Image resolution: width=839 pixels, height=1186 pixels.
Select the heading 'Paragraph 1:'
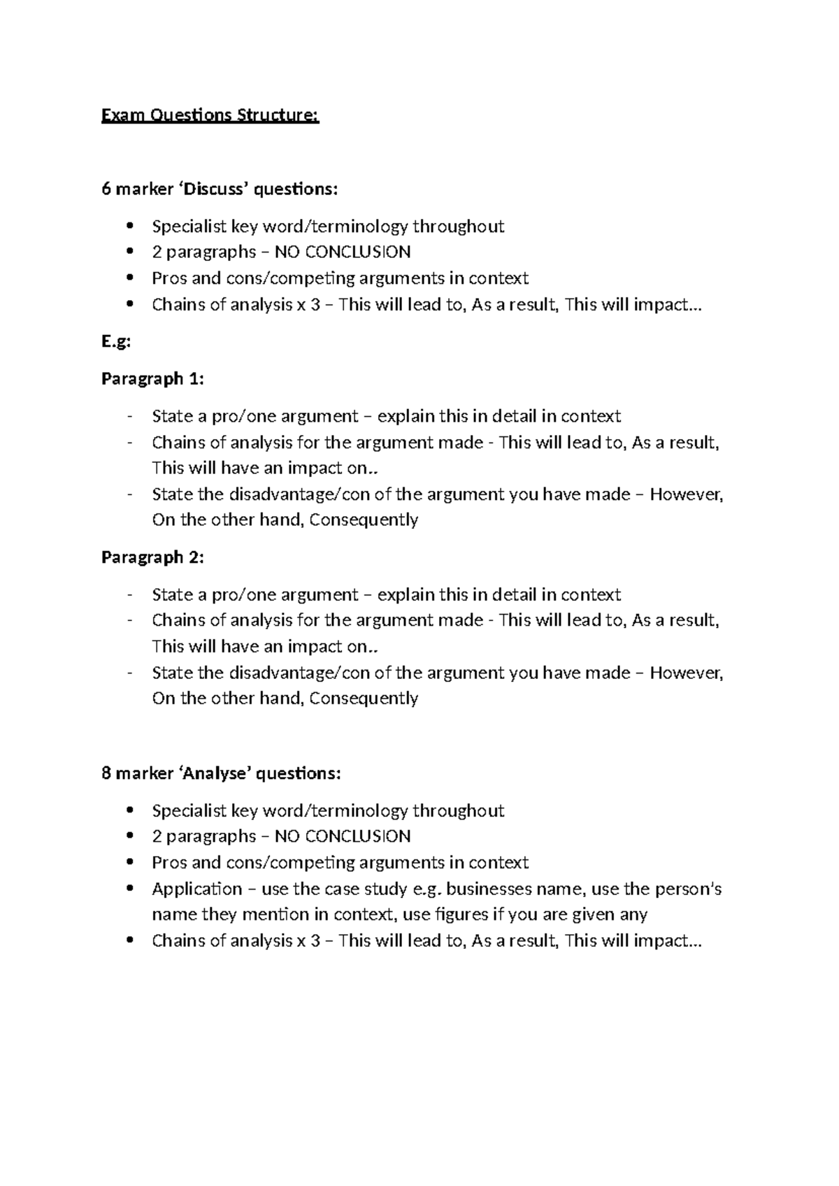point(152,379)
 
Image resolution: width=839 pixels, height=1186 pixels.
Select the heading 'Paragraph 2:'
point(152,557)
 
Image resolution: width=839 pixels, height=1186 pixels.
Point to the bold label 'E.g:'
point(116,342)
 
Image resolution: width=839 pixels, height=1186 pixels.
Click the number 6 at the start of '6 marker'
point(106,190)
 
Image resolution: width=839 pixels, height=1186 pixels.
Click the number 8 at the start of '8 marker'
point(106,774)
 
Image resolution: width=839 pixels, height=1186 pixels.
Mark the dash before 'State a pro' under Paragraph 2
point(129,595)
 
